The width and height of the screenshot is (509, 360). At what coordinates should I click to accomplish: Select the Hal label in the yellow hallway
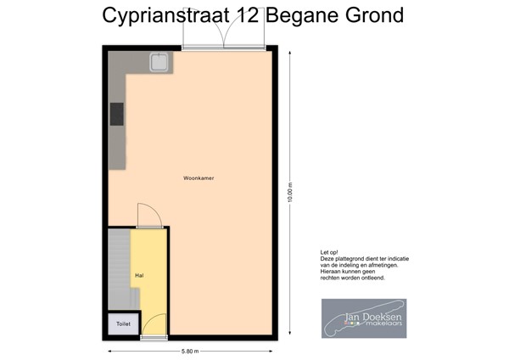(x=138, y=276)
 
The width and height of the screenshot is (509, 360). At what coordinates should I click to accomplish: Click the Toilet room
(x=123, y=323)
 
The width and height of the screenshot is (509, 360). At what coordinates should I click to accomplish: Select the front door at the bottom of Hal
(x=153, y=328)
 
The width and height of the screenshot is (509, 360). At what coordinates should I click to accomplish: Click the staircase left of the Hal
(x=119, y=267)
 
